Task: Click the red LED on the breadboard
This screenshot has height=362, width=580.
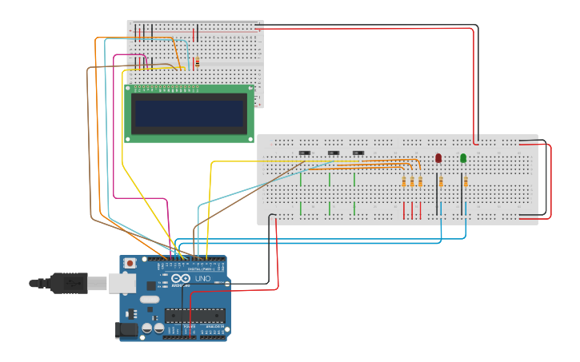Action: click(438, 158)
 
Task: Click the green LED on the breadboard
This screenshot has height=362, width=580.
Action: click(463, 158)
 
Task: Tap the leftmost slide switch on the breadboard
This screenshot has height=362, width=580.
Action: click(304, 153)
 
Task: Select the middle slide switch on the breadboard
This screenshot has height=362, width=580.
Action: click(333, 153)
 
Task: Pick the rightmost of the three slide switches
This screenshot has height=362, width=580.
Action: click(358, 153)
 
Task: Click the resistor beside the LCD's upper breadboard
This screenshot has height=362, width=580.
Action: click(197, 62)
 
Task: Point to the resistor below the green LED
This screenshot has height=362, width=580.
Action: click(465, 182)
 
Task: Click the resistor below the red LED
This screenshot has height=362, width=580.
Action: click(440, 182)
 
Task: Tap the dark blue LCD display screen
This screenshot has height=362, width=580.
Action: click(190, 113)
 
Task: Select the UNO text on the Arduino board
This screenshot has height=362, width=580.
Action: click(202, 279)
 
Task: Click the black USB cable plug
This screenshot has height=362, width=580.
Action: click(68, 282)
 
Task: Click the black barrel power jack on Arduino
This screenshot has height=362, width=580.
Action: click(126, 328)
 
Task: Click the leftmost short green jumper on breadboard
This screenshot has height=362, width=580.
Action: click(301, 178)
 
